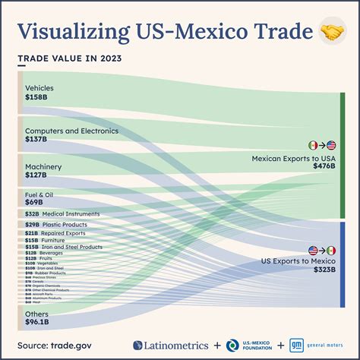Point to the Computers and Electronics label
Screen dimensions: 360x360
click(x=71, y=131)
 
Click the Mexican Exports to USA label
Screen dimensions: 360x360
click(x=294, y=158)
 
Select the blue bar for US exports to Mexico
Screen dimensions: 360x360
click(x=343, y=266)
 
